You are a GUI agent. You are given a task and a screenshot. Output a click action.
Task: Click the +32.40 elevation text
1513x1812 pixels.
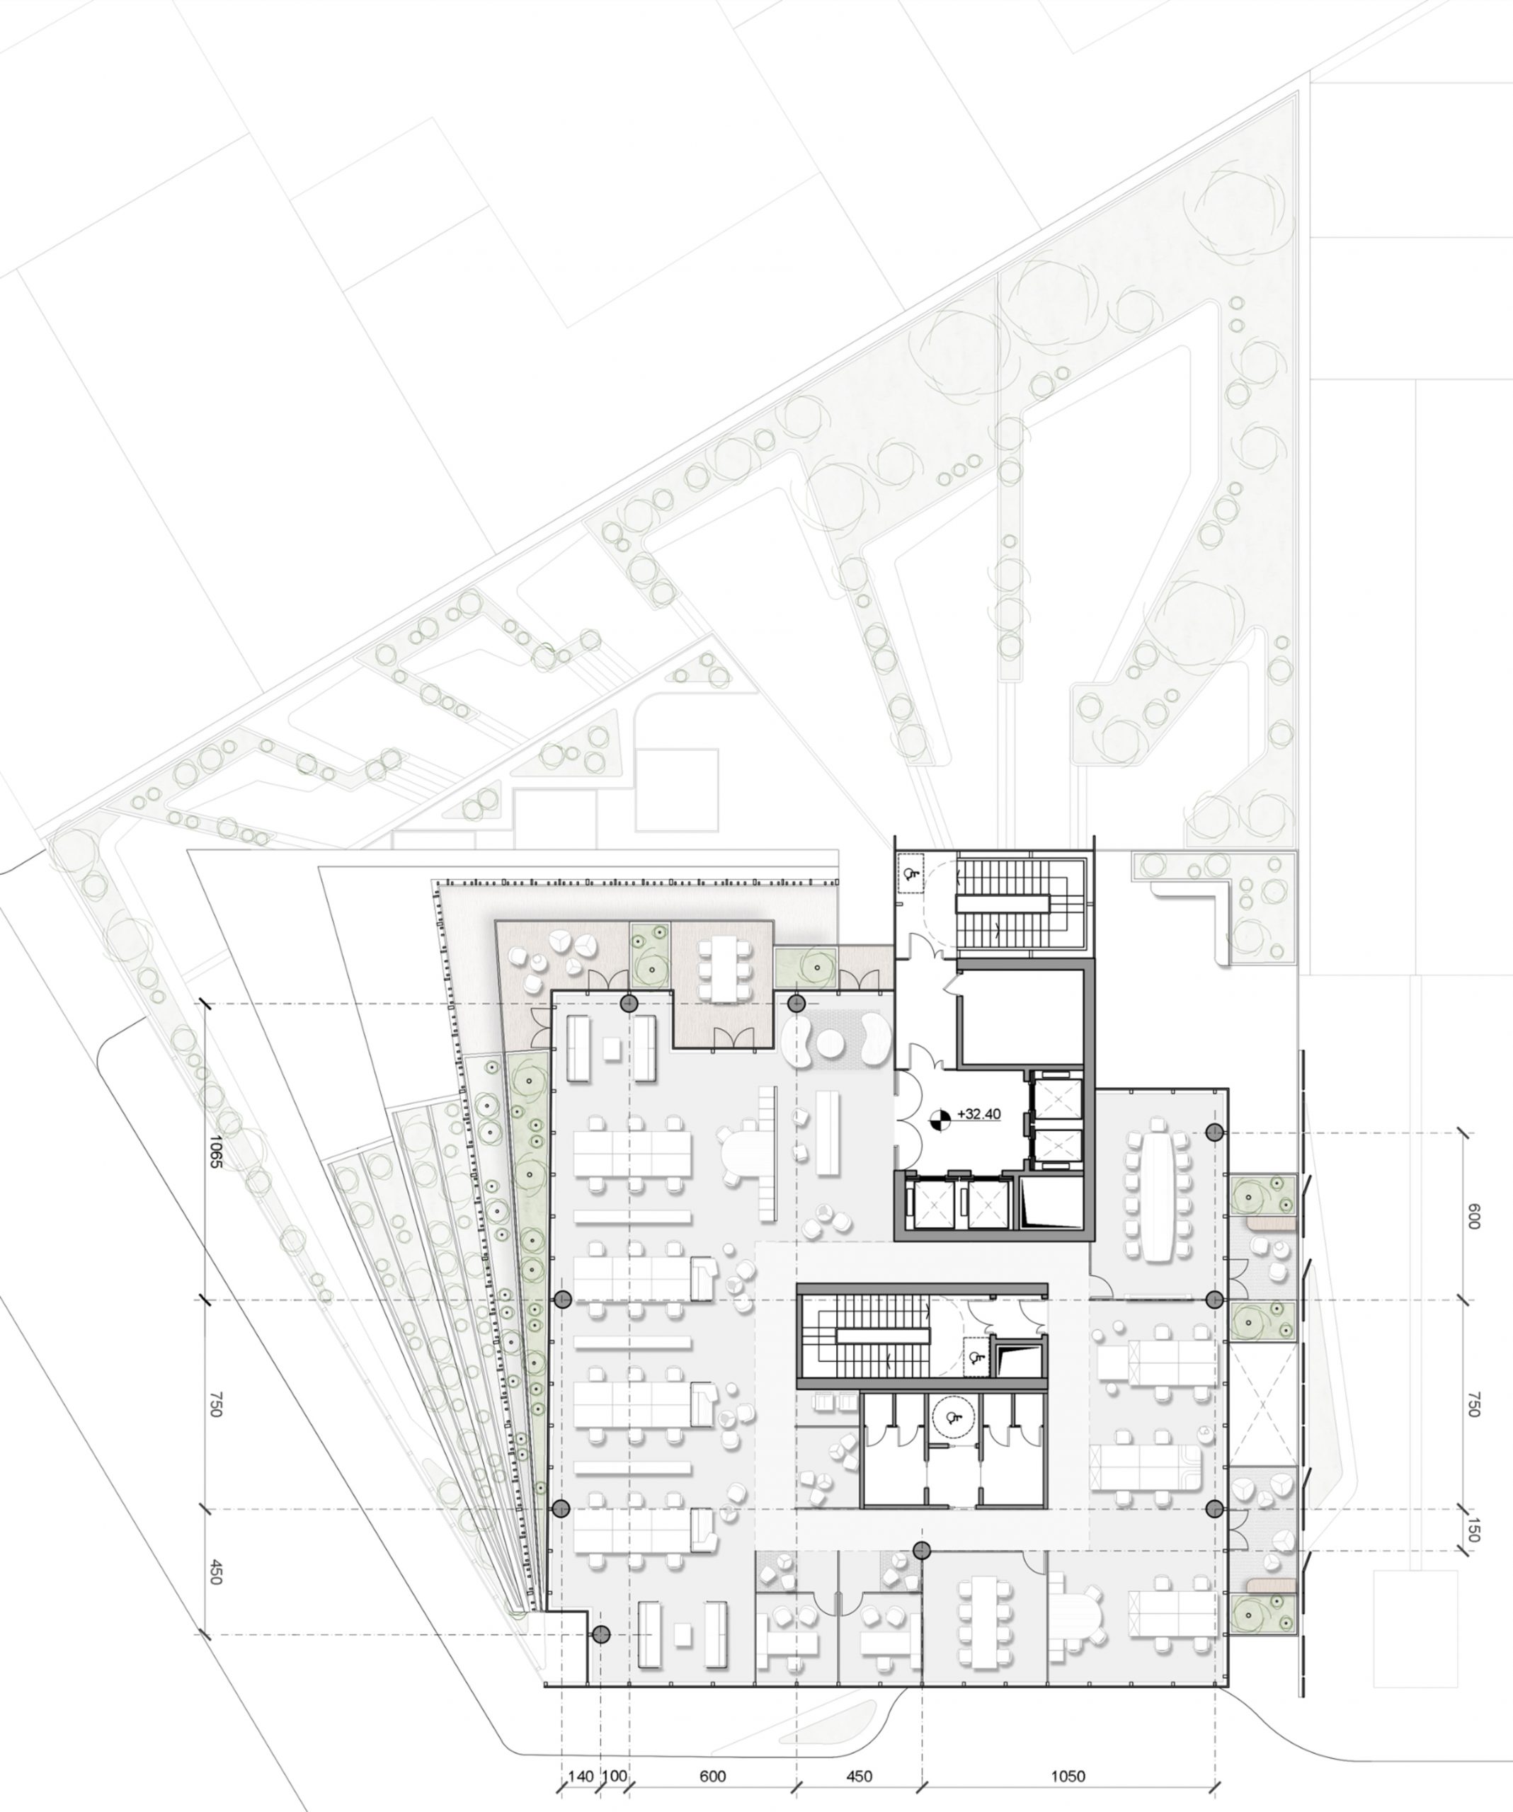pos(978,1114)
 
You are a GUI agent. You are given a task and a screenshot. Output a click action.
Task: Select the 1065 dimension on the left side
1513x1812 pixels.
pos(215,1149)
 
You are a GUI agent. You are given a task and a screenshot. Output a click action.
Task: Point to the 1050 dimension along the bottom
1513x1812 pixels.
pos(1068,1776)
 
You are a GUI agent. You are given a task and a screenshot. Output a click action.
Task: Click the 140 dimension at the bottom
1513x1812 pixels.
pos(581,1776)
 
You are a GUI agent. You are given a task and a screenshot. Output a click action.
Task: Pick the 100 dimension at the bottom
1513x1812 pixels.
pos(614,1776)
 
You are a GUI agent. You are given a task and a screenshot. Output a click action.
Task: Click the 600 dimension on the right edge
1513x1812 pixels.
pos(1473,1217)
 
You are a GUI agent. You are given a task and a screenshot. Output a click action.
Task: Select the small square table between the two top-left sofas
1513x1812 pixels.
pos(612,1048)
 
